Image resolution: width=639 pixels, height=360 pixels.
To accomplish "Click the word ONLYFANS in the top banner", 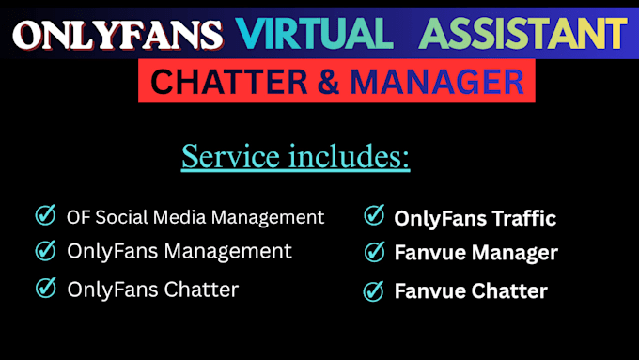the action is click(x=117, y=35).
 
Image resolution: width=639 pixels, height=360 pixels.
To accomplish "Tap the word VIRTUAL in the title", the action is click(x=314, y=34).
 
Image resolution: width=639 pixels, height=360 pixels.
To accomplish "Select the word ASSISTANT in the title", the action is click(x=522, y=34).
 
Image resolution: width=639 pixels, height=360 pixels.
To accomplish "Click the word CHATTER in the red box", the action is click(x=228, y=82).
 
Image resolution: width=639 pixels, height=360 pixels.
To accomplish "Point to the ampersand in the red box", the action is click(x=329, y=82).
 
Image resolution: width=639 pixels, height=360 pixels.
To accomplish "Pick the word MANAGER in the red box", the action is click(x=437, y=82).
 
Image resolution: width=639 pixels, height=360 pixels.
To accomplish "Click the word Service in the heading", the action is click(x=230, y=156).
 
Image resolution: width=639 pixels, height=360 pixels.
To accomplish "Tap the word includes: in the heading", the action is click(x=349, y=156).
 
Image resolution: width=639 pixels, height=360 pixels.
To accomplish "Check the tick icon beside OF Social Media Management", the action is click(x=45, y=215).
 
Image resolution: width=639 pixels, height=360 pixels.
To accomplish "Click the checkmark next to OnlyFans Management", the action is click(x=45, y=250).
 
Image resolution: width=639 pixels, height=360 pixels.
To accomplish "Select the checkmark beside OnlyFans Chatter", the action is click(x=45, y=288).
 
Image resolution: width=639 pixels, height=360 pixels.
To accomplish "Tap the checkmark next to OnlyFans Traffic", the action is click(x=374, y=215).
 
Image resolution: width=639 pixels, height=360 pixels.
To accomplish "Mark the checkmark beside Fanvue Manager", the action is click(x=374, y=252).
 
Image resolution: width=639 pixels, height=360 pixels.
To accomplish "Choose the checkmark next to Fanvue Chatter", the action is click(x=373, y=291).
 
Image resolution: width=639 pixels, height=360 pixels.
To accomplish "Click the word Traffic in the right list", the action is click(x=524, y=218).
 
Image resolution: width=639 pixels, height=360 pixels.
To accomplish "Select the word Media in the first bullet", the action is click(x=179, y=217).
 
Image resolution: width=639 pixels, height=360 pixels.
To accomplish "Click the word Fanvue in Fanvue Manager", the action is click(x=430, y=252).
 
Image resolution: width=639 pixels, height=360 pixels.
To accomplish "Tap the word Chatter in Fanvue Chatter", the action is click(x=509, y=291).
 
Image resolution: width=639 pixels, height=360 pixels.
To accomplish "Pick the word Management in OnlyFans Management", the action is click(x=227, y=252).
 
